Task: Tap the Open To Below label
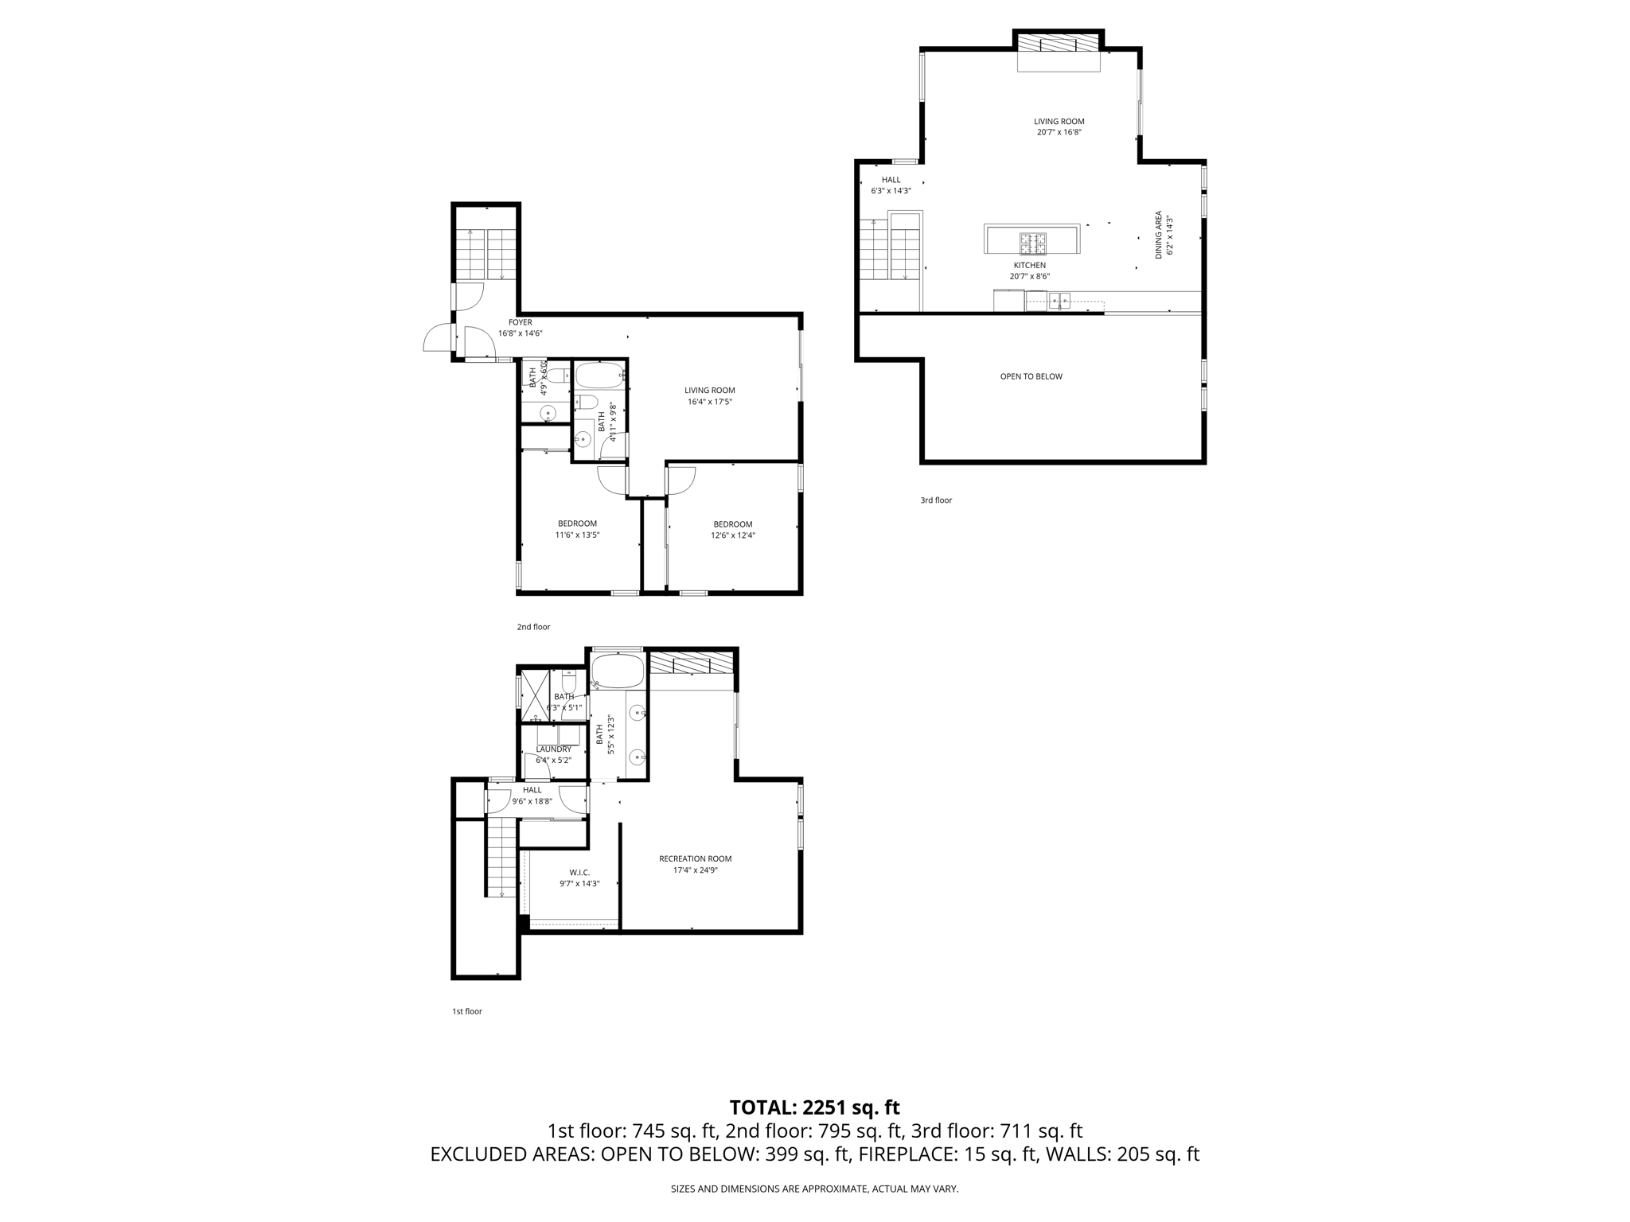point(1031,376)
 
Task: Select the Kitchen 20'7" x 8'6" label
point(1029,270)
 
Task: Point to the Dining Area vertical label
point(1164,235)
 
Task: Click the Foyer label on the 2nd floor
point(520,328)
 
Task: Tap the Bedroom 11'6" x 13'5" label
point(577,529)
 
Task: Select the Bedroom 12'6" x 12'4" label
point(732,530)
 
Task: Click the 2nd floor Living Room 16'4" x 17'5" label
point(709,396)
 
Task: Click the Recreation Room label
point(695,864)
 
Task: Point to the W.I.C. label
point(579,878)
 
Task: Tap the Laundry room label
point(553,754)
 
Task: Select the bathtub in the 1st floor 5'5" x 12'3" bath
point(618,671)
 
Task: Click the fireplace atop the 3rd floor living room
point(1058,44)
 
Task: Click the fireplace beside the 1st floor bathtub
point(691,664)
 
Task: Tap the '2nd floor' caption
point(533,627)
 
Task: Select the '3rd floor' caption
point(936,500)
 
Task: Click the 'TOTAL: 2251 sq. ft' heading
point(814,1107)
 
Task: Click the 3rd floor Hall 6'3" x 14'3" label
point(891,185)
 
